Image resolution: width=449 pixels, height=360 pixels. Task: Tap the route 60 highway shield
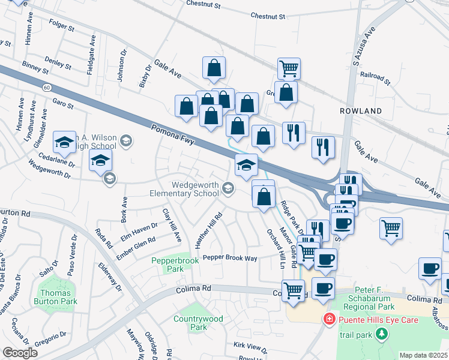coord(47,88)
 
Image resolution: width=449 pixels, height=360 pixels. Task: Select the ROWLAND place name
coord(361,112)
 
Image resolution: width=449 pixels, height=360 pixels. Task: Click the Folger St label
coord(62,28)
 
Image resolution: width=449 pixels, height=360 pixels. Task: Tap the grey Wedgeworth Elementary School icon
coord(228,189)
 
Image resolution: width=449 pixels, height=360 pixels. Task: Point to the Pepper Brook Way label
coord(230,257)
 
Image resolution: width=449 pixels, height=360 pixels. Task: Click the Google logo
coord(20,353)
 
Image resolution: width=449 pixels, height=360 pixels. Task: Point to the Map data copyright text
coord(423,355)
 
